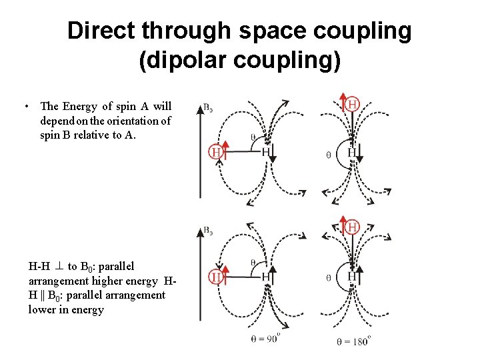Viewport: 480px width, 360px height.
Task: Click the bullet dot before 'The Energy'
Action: [x=24, y=107]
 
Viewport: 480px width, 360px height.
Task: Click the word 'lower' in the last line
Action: [x=42, y=309]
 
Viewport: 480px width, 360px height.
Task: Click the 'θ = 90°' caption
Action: [x=266, y=339]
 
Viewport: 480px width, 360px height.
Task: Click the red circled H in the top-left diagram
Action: [x=215, y=152]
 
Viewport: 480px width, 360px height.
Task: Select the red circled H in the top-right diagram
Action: [x=351, y=105]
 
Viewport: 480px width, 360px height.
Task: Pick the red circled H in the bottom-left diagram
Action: [x=215, y=275]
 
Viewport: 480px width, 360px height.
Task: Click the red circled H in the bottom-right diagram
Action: [x=351, y=227]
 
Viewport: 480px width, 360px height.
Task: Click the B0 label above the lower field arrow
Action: [x=208, y=231]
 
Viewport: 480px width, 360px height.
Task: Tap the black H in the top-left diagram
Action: [x=265, y=152]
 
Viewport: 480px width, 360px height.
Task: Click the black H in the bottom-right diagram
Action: [x=351, y=275]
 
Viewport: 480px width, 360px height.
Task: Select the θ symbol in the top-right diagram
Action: [x=327, y=155]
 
